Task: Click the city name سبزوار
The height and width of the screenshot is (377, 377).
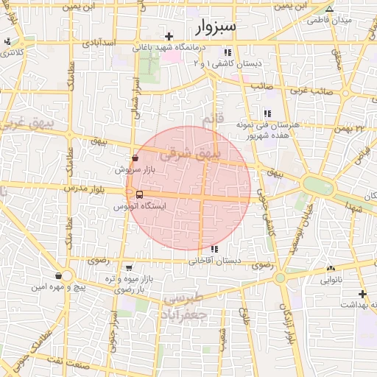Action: pos(216,28)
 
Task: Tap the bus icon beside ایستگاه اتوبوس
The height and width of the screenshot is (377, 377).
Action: pos(140,194)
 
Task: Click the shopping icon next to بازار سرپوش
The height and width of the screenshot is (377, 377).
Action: pos(134,158)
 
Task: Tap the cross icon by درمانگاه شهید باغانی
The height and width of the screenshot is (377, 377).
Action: pos(169,35)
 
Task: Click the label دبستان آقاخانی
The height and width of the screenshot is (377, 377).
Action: pos(215,261)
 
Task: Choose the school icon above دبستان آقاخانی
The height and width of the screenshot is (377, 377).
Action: pos(214,249)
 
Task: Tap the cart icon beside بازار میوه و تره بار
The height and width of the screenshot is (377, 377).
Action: pos(130,267)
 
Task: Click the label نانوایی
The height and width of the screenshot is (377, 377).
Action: pos(330,281)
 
